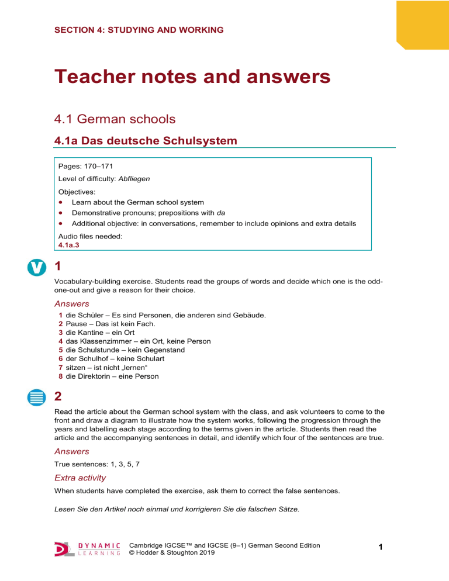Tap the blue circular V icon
(35, 268)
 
